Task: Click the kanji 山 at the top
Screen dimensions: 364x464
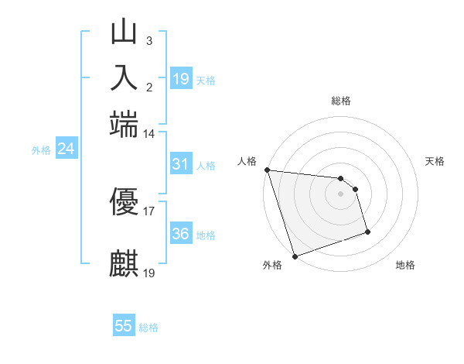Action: click(125, 33)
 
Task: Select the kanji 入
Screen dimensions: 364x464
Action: click(125, 77)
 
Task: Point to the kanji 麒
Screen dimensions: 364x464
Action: click(125, 262)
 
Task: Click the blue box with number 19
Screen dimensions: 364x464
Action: click(181, 79)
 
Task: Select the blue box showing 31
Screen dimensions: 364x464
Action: click(180, 164)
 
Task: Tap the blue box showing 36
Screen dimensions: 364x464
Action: click(180, 234)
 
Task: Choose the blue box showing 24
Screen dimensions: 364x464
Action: click(66, 149)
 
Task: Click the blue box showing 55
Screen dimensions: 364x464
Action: click(124, 326)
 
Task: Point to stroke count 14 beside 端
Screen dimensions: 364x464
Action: click(148, 134)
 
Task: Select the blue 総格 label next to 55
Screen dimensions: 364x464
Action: click(148, 328)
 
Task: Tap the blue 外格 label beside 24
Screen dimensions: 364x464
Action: click(41, 151)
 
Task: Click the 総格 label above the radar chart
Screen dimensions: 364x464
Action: click(341, 101)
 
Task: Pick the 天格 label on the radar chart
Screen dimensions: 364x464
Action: click(435, 161)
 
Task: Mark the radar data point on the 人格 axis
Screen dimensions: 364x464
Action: click(267, 170)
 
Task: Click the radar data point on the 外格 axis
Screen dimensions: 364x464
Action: click(295, 256)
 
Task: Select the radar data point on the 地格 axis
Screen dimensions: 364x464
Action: click(367, 232)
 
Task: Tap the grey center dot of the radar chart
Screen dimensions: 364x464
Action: click(340, 193)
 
